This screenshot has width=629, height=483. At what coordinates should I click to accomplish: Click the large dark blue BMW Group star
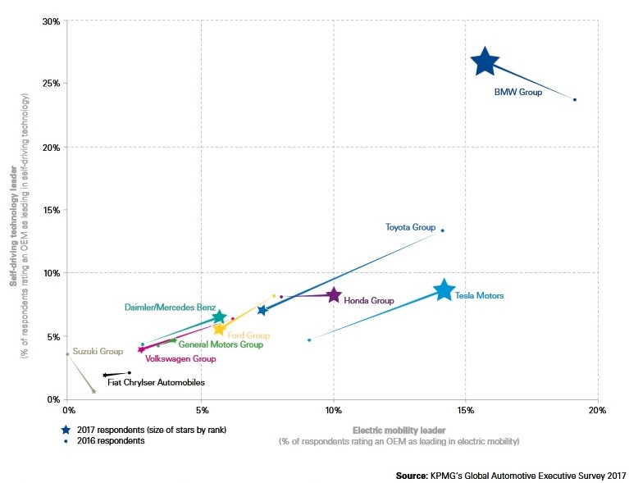click(485, 62)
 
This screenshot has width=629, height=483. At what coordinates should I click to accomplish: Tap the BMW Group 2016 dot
click(575, 99)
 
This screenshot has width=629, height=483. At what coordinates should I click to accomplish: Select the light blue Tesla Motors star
click(444, 290)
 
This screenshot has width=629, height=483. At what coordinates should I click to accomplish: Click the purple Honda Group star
click(333, 295)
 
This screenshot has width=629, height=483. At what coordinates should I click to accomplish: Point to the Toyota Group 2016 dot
click(442, 230)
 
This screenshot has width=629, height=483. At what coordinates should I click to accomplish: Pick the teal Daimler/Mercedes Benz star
click(218, 317)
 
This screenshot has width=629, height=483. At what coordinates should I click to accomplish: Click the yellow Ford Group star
click(219, 329)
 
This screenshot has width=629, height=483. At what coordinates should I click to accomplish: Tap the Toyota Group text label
click(410, 226)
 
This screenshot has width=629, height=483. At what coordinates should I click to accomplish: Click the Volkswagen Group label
click(180, 359)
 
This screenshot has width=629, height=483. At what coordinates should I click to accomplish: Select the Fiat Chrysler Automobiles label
click(156, 382)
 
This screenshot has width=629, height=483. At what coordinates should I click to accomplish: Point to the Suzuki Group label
click(98, 351)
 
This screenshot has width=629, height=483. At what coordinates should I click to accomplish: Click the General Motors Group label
click(221, 345)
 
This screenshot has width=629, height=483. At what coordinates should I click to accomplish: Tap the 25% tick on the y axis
click(50, 84)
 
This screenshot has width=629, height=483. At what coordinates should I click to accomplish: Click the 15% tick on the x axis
click(465, 409)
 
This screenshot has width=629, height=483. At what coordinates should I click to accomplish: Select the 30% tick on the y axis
click(50, 21)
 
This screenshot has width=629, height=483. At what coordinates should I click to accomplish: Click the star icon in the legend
click(66, 429)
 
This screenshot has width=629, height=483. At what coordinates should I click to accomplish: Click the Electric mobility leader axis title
click(399, 430)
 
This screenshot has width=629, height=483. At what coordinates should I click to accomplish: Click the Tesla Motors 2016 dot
click(309, 339)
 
